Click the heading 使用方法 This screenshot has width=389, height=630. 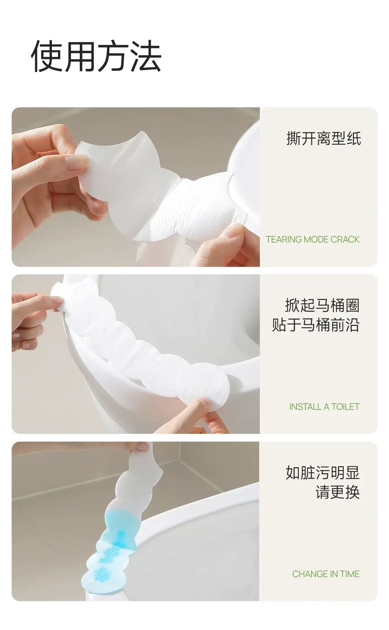(96, 56)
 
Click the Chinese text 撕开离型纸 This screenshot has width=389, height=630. (324, 138)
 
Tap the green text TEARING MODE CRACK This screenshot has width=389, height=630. (313, 240)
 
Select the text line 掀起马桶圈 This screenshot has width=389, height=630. (322, 305)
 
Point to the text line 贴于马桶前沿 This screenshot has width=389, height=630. (316, 325)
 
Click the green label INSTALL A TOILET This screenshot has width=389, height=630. (324, 407)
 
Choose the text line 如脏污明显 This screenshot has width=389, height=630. (323, 473)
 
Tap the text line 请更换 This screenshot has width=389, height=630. (338, 492)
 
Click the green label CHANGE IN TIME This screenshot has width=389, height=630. (326, 574)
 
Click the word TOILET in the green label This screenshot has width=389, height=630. (345, 407)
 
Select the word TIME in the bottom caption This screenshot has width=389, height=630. (350, 574)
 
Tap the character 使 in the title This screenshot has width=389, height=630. (47, 56)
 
